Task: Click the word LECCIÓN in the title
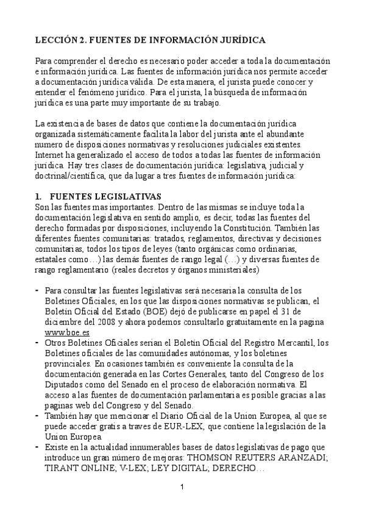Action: (56, 40)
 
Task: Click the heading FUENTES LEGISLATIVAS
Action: (105, 196)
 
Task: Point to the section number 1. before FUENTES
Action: (38, 196)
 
